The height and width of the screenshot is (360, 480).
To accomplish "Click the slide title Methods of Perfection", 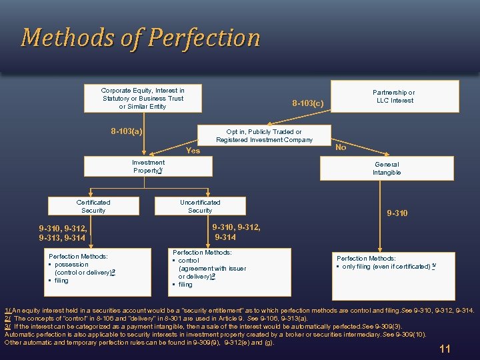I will tap(141, 37).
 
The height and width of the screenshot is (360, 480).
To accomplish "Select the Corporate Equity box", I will tap(143, 98).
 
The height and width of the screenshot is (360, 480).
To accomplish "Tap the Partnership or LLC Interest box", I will tap(393, 97).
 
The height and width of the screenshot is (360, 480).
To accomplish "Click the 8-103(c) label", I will tap(307, 103).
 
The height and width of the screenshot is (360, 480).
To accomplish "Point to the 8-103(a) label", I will tap(126, 131).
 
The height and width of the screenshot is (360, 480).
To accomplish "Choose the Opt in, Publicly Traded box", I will tap(264, 135).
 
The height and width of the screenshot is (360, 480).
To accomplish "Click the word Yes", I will tap(193, 151).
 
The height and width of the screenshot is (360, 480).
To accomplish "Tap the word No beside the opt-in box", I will tap(341, 147).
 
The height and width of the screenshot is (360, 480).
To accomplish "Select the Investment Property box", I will tap(148, 166).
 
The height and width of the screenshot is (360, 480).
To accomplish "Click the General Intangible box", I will tap(387, 168).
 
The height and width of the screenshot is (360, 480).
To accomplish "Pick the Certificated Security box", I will tap(93, 206).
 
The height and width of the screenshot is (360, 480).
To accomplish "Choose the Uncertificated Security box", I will tap(200, 206).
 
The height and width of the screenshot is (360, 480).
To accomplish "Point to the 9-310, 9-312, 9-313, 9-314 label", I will tap(63, 233).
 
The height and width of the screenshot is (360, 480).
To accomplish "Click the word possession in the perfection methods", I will tap(73, 264).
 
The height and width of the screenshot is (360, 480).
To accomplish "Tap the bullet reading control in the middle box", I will tap(189, 261).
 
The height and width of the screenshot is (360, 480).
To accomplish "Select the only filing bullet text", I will tap(386, 267).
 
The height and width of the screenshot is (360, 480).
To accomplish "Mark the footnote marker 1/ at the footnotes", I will tap(7, 311).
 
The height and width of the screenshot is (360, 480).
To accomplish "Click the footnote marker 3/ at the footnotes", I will tap(7, 327).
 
